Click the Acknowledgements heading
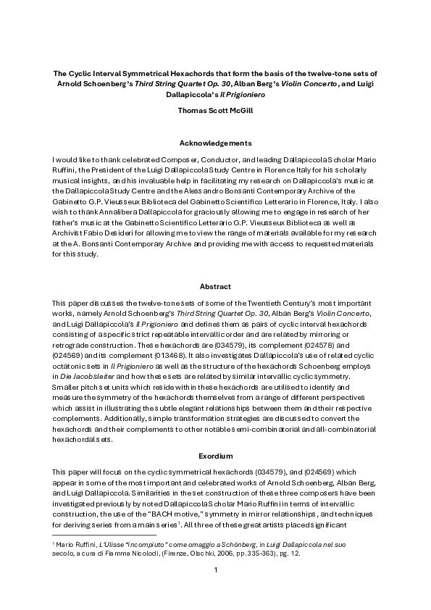215,143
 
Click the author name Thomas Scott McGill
215,111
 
